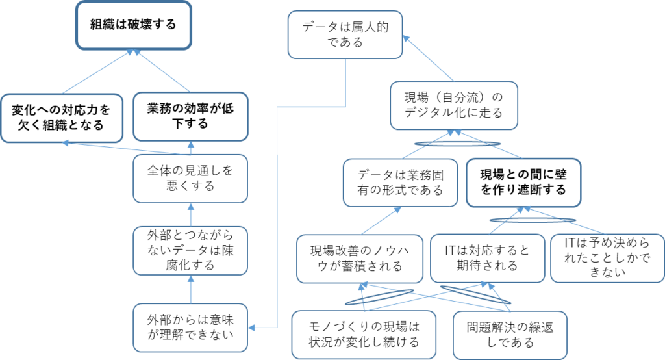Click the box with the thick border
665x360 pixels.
point(134,25)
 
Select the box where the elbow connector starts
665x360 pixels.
point(345,34)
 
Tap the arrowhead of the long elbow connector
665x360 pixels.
point(251,328)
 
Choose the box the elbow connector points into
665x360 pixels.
point(190,328)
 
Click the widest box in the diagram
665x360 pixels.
point(364,335)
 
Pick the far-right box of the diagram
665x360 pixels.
point(607,258)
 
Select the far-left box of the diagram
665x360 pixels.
point(62,118)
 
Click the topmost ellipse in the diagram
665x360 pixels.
point(458,144)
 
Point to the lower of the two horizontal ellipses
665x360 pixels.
point(533,220)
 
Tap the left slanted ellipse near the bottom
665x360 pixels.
point(380,297)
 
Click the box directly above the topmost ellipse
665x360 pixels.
point(454,105)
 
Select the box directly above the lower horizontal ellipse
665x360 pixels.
point(523,182)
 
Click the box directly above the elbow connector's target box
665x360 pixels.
point(190,251)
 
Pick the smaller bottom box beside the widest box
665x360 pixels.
point(510,335)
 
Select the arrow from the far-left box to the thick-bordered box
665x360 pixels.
point(97,71)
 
